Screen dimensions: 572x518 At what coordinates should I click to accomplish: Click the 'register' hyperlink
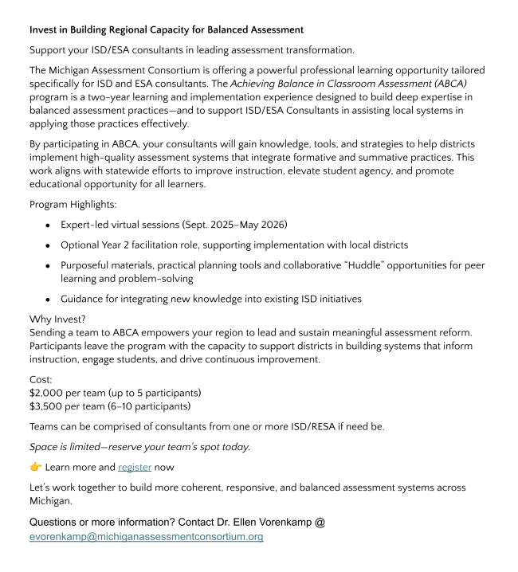[x=135, y=467]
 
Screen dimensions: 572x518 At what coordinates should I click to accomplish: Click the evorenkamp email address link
[x=146, y=537]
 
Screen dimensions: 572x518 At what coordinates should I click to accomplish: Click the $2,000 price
[x=47, y=393]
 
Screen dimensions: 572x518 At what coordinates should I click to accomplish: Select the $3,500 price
[x=47, y=406]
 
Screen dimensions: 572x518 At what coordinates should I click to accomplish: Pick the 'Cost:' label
[x=41, y=379]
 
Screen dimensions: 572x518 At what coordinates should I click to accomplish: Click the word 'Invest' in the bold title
[x=45, y=29]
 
